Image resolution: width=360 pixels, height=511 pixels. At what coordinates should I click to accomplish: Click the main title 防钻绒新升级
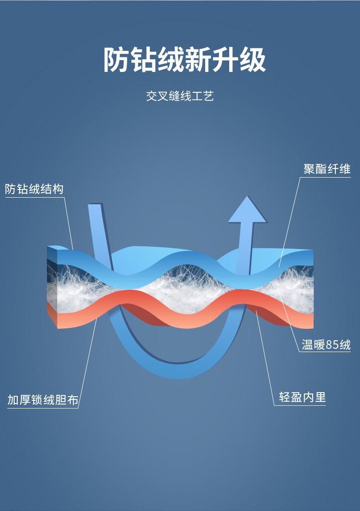(184, 60)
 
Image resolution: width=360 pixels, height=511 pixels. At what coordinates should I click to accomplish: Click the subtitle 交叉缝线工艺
(180, 97)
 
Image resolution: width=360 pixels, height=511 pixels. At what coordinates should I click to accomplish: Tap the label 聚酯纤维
(327, 169)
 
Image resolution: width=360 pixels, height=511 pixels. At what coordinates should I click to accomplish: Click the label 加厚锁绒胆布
(43, 400)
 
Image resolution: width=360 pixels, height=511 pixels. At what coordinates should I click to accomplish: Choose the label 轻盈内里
(303, 397)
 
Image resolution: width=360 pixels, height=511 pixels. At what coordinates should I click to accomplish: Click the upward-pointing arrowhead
(247, 210)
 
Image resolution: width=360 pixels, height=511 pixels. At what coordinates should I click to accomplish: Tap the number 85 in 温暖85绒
(332, 345)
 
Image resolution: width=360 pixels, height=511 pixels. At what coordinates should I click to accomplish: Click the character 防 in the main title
(117, 60)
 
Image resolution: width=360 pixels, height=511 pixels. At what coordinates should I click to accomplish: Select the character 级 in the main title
(252, 60)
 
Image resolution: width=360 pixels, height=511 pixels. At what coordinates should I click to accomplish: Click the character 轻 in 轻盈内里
(285, 397)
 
